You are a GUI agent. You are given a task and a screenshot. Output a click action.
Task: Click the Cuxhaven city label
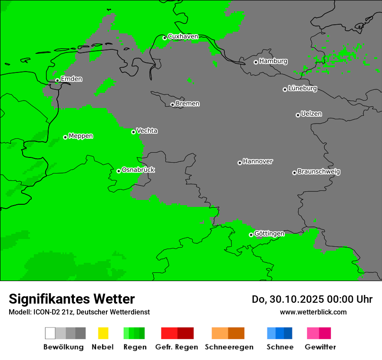(183, 36)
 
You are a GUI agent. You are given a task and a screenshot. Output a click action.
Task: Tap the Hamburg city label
(273, 61)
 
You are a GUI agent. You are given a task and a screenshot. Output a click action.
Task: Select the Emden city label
(71, 79)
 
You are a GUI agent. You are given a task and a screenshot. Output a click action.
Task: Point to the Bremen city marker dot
(172, 105)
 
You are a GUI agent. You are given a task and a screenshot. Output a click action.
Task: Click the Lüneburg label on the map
(303, 88)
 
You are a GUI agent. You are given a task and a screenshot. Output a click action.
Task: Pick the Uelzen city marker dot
(298, 115)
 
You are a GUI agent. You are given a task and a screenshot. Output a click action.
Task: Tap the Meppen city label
(81, 136)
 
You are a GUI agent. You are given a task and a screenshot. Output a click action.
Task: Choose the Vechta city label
(147, 131)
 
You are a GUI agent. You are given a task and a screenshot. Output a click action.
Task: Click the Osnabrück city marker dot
(119, 171)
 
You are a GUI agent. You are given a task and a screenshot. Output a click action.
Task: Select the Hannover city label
(258, 161)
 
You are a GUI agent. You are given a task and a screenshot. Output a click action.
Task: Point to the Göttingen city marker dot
(251, 235)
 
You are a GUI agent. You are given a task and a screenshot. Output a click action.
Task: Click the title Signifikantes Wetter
(72, 299)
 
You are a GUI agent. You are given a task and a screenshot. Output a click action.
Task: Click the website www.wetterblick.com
(313, 312)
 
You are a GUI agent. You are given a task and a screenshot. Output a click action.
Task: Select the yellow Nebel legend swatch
(103, 333)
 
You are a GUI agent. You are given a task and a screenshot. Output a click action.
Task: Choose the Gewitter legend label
(320, 347)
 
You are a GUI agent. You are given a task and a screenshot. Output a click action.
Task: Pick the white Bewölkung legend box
(50, 333)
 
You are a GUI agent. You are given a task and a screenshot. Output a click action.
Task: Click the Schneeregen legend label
(229, 347)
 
